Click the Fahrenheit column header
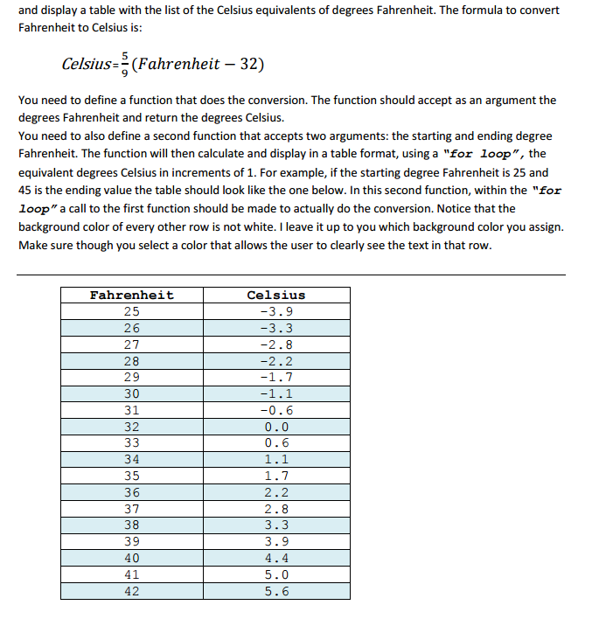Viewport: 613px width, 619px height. (132, 296)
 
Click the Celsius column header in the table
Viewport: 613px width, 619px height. (276, 296)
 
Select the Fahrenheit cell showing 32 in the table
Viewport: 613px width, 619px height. (132, 428)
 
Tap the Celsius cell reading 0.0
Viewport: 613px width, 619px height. (276, 428)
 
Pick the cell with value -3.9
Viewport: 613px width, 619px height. (276, 312)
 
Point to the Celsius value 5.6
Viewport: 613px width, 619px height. (276, 591)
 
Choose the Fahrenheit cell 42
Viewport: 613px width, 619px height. (132, 591)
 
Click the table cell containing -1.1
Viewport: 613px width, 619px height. (276, 394)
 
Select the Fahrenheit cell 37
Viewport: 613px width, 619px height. (132, 509)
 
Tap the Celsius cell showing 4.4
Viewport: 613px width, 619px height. (276, 559)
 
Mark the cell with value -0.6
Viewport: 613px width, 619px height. (276, 411)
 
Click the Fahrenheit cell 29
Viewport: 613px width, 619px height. (132, 378)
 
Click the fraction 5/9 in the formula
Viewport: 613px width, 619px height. (124, 65)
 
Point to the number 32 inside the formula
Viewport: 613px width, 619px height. (250, 64)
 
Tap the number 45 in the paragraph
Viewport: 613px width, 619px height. (27, 191)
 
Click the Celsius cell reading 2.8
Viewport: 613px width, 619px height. (276, 509)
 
